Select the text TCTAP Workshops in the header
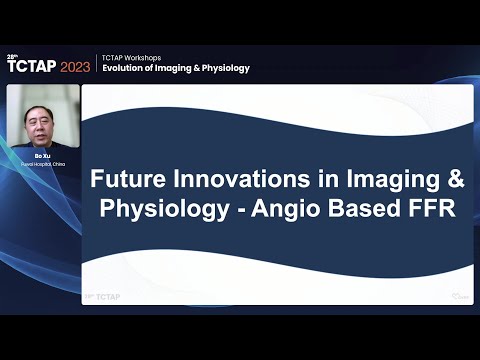point(131,57)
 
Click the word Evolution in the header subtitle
point(127,68)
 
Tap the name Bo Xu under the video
point(42,156)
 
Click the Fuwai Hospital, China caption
point(42,164)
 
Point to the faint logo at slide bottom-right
point(458,296)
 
